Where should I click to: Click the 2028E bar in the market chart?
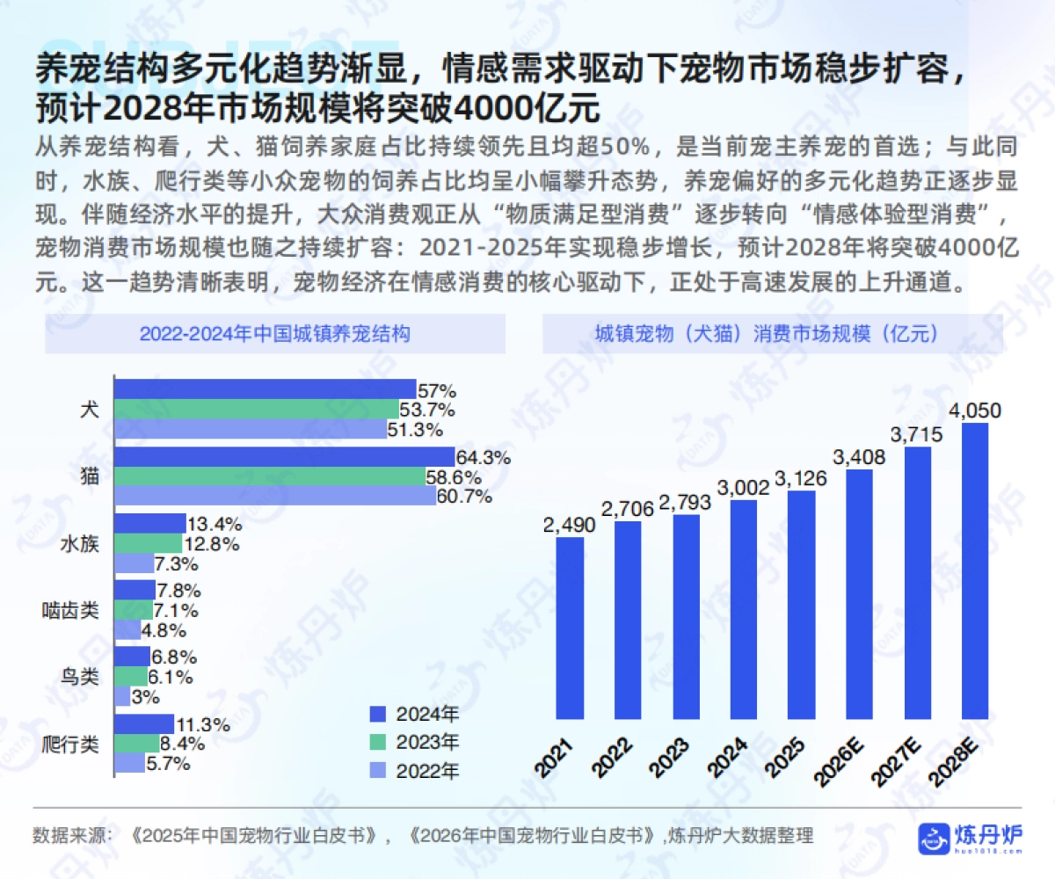click(975, 571)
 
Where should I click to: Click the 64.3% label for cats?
click(483, 458)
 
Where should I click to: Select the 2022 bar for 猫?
click(275, 497)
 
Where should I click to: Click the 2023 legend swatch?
click(379, 742)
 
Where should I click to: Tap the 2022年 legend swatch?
click(379, 772)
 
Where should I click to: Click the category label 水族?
click(78, 544)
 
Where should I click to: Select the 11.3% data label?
click(203, 725)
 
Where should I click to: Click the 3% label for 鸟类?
click(145, 697)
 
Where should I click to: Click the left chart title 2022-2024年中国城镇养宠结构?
click(274, 334)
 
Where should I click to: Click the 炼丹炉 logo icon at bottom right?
click(934, 839)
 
